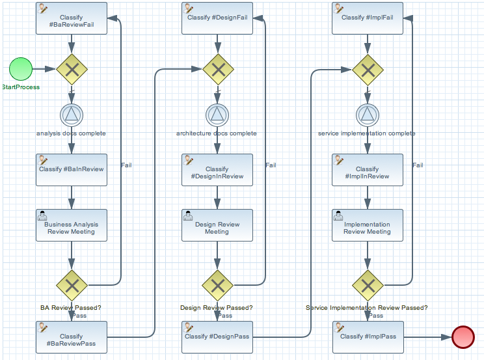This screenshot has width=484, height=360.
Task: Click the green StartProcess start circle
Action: [x=21, y=68]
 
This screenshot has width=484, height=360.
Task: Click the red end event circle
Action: [x=463, y=337]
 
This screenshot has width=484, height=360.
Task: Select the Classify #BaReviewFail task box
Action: [x=72, y=18]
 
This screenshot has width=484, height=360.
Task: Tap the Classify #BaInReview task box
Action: [x=72, y=170]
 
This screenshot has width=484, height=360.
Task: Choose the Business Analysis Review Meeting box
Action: [x=72, y=225]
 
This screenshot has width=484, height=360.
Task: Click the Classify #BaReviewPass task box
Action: [x=72, y=337]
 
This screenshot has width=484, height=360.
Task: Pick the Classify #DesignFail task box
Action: [x=217, y=18]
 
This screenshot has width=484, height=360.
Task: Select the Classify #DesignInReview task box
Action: [x=217, y=170]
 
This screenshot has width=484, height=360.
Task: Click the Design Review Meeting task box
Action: [x=217, y=225]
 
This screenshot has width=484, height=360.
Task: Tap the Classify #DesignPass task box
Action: [x=217, y=337]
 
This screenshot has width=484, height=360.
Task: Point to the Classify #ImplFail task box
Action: [x=368, y=18]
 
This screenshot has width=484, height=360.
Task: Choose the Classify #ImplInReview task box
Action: [x=368, y=170]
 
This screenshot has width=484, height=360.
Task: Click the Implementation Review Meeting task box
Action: [x=368, y=225]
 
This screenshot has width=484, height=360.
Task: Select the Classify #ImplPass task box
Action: [x=368, y=337]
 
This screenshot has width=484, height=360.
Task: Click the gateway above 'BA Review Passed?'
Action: [x=72, y=284]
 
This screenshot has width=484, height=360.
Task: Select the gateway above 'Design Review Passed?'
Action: [x=217, y=284]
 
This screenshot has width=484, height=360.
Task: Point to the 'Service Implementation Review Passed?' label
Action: [x=367, y=308]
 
